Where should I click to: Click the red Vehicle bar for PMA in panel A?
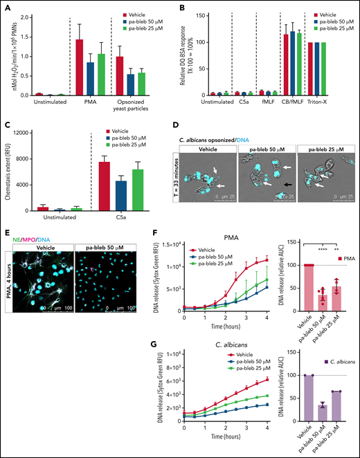pos(99,67)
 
